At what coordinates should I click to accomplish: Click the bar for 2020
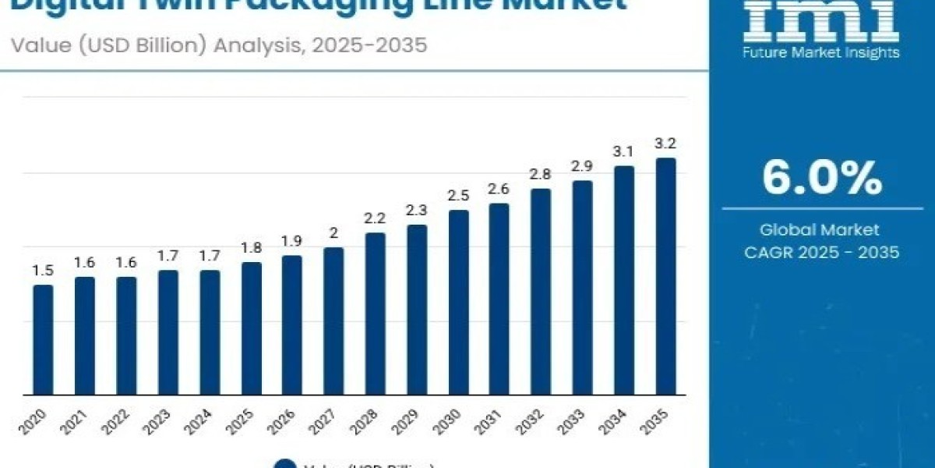[43, 339]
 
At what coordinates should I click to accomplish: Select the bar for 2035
[665, 276]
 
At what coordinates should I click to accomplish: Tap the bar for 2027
[333, 321]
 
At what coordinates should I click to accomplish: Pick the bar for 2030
[458, 302]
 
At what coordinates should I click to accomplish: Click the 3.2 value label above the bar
[665, 143]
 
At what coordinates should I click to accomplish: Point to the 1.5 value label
[43, 270]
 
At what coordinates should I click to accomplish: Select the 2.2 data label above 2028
[376, 218]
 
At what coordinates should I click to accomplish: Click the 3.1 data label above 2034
[624, 151]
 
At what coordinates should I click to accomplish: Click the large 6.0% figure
[821, 179]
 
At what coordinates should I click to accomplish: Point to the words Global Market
[821, 230]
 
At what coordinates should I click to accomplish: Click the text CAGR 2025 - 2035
[821, 252]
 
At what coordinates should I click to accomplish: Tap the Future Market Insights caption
[821, 52]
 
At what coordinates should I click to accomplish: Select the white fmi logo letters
[821, 19]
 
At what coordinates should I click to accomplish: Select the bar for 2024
[210, 332]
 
